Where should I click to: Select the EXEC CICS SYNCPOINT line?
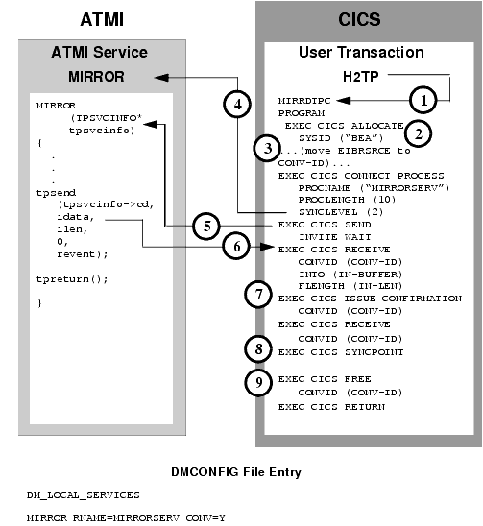point(332,352)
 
